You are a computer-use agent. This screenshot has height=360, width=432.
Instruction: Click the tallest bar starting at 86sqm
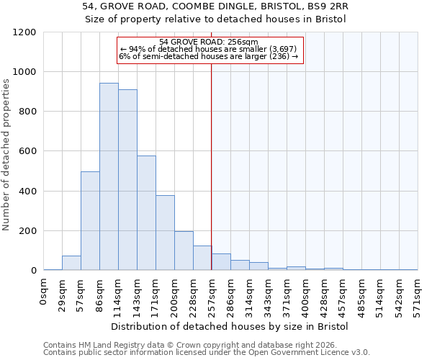109,176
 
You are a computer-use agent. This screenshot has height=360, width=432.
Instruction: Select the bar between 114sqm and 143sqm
127,180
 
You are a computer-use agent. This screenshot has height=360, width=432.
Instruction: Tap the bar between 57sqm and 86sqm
90,221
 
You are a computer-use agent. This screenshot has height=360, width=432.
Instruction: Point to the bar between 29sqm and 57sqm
71,263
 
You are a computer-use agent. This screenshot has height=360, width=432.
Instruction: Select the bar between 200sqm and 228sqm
184,251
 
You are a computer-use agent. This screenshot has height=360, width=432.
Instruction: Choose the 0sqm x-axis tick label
43,292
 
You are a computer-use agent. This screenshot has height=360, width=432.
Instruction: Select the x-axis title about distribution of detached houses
230,326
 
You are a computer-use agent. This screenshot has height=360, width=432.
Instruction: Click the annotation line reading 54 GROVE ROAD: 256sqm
209,42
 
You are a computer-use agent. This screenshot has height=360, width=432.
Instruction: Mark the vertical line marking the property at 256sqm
211,166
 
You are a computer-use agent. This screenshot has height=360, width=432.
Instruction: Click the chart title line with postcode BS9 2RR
216,6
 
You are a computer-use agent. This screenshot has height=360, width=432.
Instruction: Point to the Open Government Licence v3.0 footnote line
207,352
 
